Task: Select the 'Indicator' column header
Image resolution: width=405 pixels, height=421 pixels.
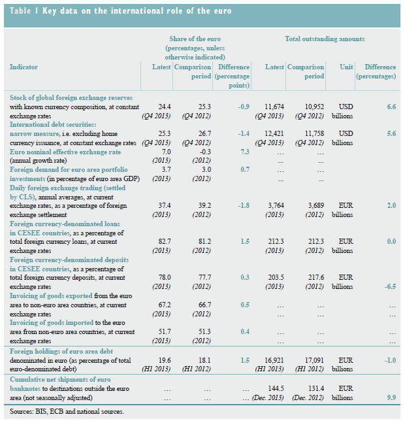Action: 24,67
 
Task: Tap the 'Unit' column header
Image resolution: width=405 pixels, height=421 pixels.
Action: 347,67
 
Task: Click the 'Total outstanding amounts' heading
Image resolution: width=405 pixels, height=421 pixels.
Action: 325,39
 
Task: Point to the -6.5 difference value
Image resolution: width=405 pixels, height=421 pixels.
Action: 389,286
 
